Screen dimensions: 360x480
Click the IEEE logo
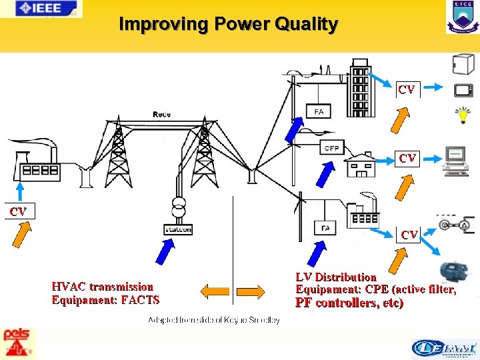(x=41, y=9)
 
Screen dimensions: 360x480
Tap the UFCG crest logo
(x=462, y=17)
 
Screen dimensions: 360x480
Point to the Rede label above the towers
(x=161, y=114)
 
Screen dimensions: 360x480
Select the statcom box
(x=177, y=229)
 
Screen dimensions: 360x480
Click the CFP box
(x=331, y=148)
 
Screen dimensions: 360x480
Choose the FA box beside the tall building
(x=319, y=111)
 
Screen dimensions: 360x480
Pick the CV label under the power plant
(x=18, y=211)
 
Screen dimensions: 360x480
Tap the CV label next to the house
(x=407, y=158)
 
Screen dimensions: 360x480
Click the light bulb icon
(x=461, y=115)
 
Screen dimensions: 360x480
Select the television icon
(x=463, y=91)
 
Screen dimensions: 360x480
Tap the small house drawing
(x=360, y=164)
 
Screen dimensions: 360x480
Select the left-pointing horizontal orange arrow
(x=215, y=291)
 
